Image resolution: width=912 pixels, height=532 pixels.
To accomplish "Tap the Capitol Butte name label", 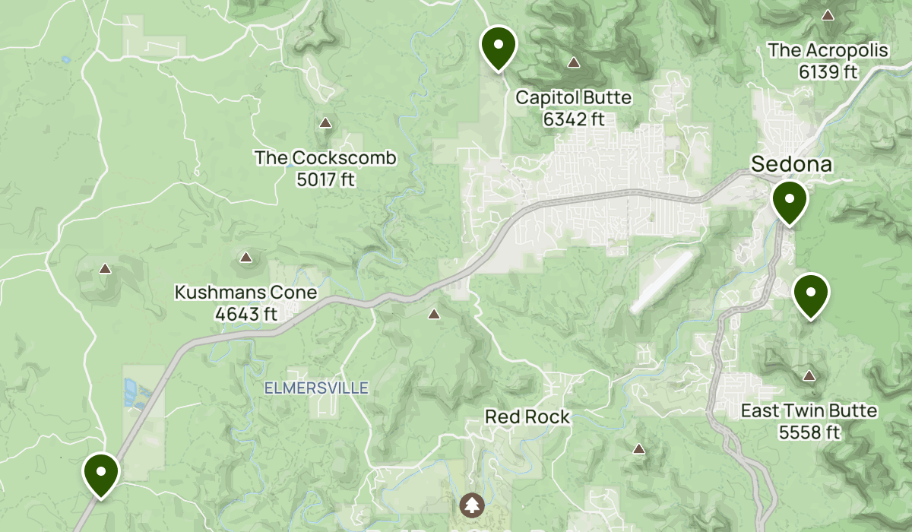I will click(573, 98).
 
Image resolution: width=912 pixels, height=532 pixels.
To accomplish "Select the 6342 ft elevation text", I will click(573, 119).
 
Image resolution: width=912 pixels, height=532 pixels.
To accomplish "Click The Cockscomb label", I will click(325, 158).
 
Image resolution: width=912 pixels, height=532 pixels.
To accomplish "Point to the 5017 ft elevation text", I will click(325, 179).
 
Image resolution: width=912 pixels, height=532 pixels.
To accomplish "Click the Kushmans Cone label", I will click(245, 293).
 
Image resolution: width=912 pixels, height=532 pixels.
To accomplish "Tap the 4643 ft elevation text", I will click(245, 313).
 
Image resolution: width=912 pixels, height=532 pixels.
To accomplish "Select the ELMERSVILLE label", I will click(316, 388).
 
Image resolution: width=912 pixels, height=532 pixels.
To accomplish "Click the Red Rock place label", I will click(527, 416).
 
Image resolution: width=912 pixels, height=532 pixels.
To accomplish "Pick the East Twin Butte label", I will click(809, 411).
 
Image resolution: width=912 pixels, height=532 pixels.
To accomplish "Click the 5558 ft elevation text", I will click(809, 432).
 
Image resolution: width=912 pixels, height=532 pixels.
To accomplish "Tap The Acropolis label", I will click(828, 51).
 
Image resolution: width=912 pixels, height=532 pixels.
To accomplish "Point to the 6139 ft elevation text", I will click(828, 72).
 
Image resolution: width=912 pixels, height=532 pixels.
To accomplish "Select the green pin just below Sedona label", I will click(790, 201).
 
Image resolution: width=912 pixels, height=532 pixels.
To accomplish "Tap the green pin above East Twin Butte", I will click(811, 293).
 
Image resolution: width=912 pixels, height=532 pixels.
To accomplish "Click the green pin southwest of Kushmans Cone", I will click(100, 473).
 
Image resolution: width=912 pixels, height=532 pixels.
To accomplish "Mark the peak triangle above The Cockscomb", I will click(326, 122).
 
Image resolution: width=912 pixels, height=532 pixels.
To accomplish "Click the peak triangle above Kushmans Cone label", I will click(245, 258).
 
